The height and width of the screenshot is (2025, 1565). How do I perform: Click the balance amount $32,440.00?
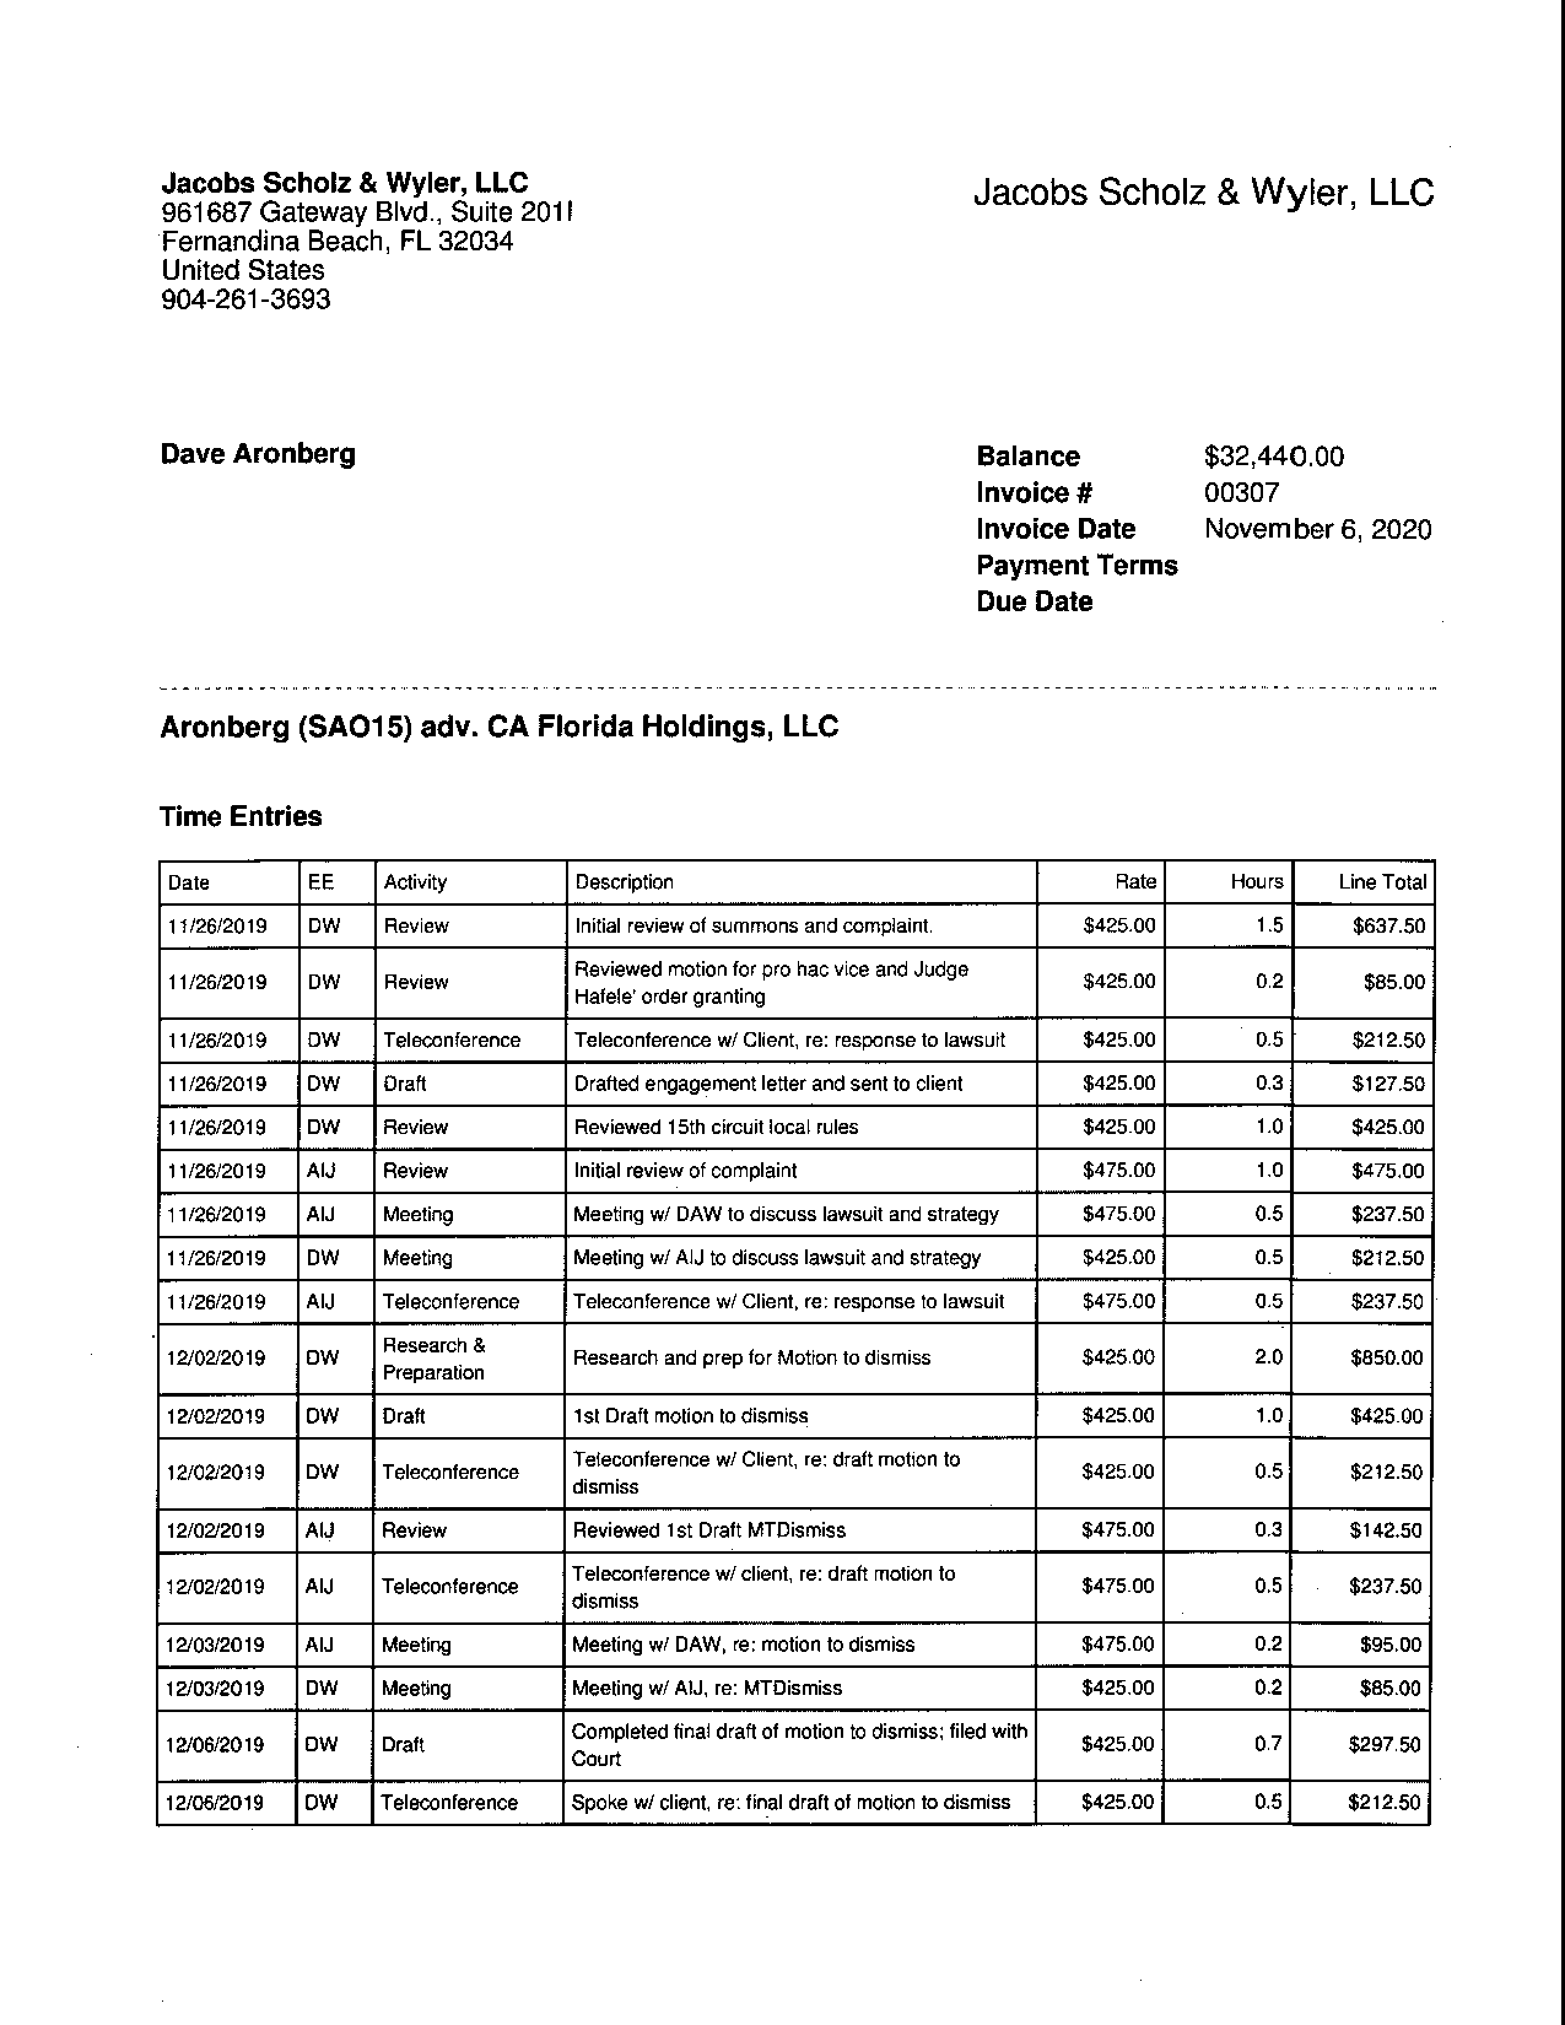(1273, 456)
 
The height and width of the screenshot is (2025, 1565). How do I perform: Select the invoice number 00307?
(1242, 492)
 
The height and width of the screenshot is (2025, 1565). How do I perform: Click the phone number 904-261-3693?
(245, 299)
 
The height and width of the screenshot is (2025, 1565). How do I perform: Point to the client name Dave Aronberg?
(258, 453)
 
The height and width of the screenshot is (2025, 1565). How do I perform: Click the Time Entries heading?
(241, 816)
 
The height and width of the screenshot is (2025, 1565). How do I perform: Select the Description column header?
(624, 882)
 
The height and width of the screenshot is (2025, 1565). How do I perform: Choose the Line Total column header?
(1381, 882)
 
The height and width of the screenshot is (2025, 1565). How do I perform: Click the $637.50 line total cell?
(1388, 925)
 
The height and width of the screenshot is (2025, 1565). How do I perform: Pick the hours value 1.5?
(1269, 925)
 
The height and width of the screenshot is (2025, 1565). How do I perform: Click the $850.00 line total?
(1386, 1357)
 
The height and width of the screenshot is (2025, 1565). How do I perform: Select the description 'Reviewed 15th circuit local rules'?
(716, 1127)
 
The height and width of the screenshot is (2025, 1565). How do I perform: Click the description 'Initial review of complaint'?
(685, 1170)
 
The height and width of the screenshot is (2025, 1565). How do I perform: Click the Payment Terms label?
(1076, 566)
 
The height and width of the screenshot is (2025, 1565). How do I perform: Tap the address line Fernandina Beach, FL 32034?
(338, 241)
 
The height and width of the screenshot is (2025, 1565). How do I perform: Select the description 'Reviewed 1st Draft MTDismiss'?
(708, 1530)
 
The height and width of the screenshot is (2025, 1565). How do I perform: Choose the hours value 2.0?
(1269, 1357)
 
